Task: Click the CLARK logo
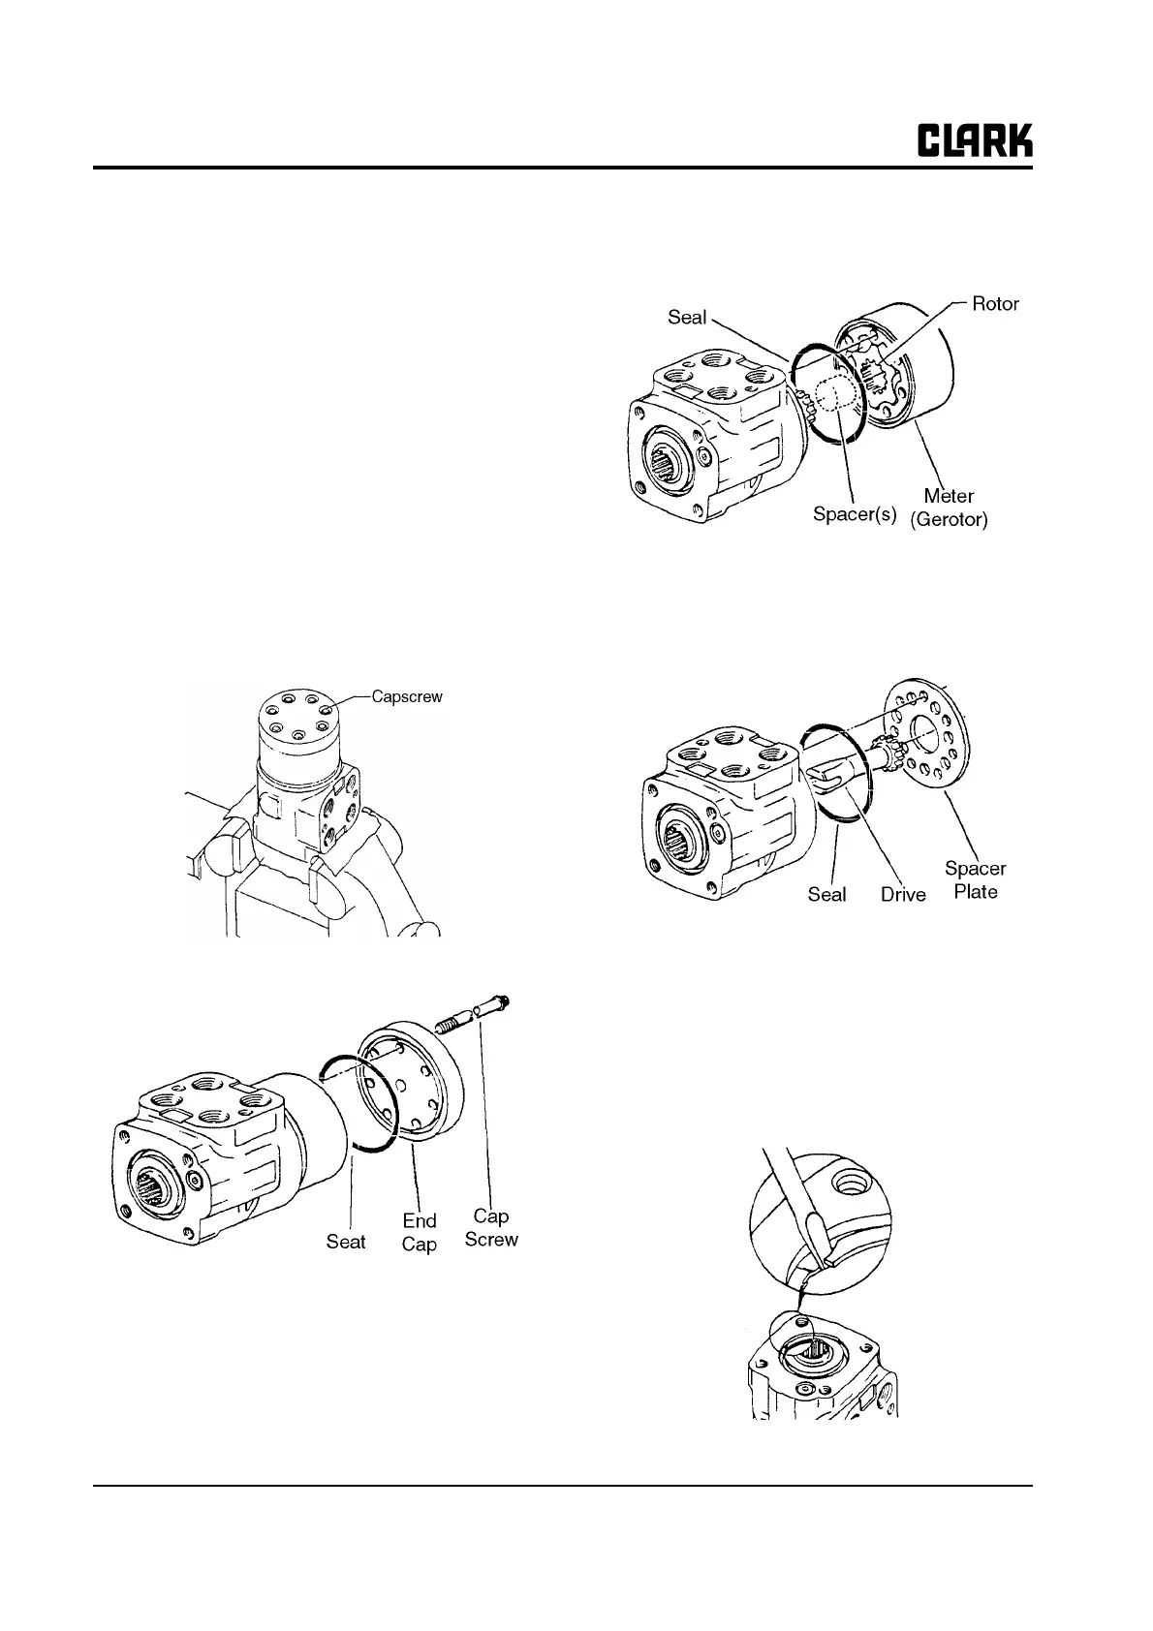[975, 140]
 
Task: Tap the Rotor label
[995, 304]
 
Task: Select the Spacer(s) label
[855, 513]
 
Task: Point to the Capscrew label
[407, 696]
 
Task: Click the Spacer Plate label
[975, 879]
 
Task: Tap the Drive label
[903, 894]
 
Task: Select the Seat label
[346, 1241]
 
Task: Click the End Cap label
[420, 1232]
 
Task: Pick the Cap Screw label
[491, 1227]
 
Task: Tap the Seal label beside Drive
[826, 894]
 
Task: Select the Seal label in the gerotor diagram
[687, 317]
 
